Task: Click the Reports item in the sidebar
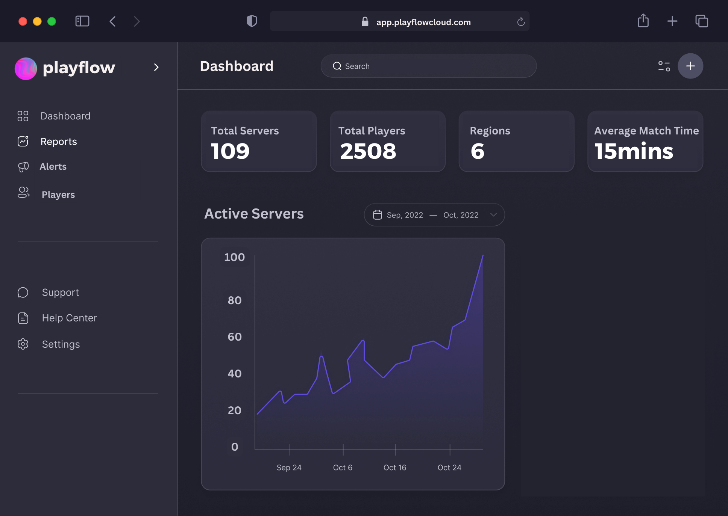point(58,142)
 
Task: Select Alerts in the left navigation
point(53,167)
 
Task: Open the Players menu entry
point(58,195)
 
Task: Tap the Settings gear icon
point(23,344)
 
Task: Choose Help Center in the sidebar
point(69,318)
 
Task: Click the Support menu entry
point(60,293)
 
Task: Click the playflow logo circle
point(26,68)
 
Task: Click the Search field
point(429,66)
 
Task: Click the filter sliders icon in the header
point(664,66)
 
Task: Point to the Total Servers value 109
point(230,151)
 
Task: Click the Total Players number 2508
point(368,151)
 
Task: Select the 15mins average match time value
point(634,151)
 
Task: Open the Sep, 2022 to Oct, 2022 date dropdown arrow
point(493,215)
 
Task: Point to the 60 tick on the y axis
point(235,337)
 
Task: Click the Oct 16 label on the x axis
point(394,468)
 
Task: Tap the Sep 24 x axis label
point(289,468)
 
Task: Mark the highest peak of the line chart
point(483,255)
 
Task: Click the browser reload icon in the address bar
point(521,22)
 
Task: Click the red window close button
point(23,21)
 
